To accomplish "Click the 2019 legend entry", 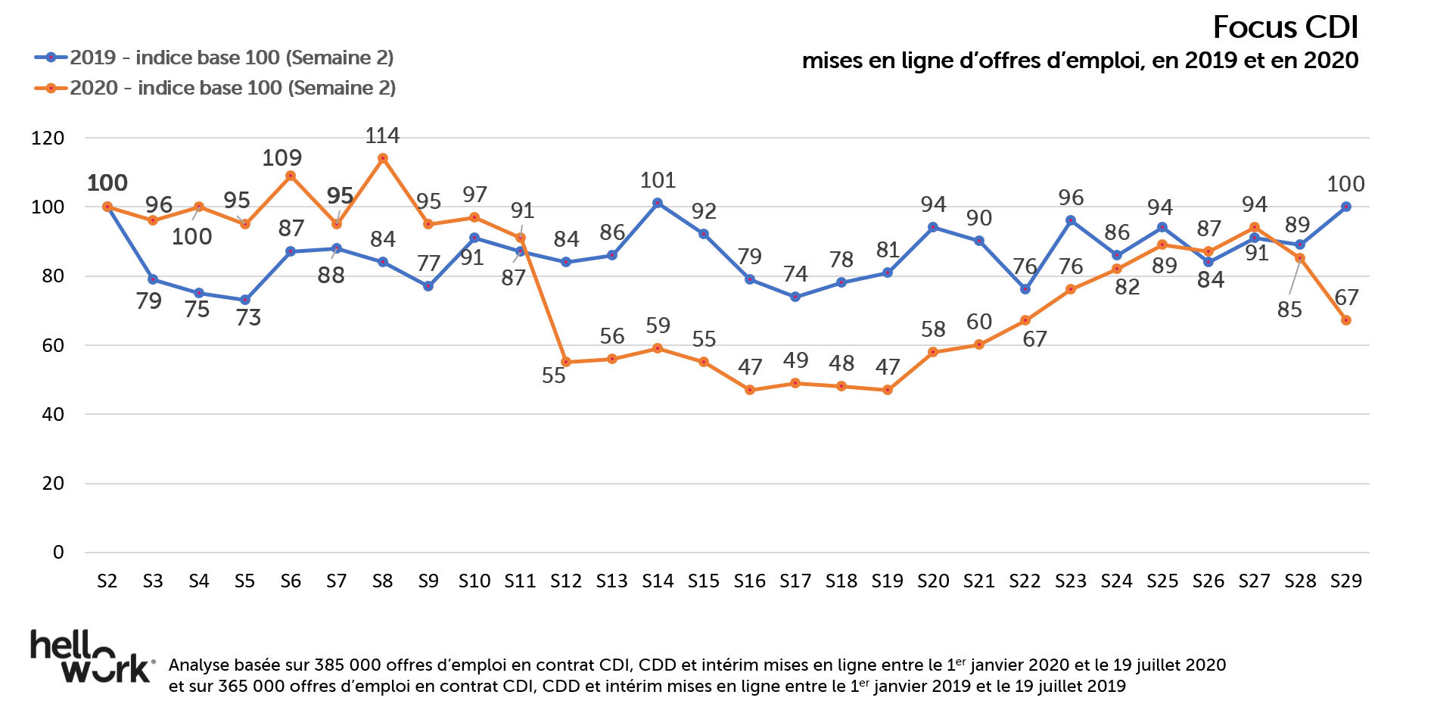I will tap(214, 58).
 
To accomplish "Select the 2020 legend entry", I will tap(216, 88).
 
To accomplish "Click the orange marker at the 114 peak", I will tap(383, 158).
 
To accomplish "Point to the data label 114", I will tap(382, 136).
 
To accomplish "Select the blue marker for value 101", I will tap(658, 203).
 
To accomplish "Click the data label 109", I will tap(281, 158).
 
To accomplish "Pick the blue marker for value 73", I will tap(245, 301).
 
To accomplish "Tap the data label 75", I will tap(198, 309).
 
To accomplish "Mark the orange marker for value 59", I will tap(658, 348).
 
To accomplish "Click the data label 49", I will tap(795, 360).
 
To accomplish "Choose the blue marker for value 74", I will tap(795, 297).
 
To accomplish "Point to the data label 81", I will tap(887, 250).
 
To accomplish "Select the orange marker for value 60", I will tap(979, 344).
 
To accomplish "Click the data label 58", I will tap(933, 329).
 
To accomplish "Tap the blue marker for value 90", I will tap(979, 241).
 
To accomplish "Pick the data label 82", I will tap(1127, 287).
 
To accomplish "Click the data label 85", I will tap(1289, 310).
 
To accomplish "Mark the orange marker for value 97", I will tap(474, 217).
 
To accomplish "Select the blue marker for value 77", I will tap(428, 286).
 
